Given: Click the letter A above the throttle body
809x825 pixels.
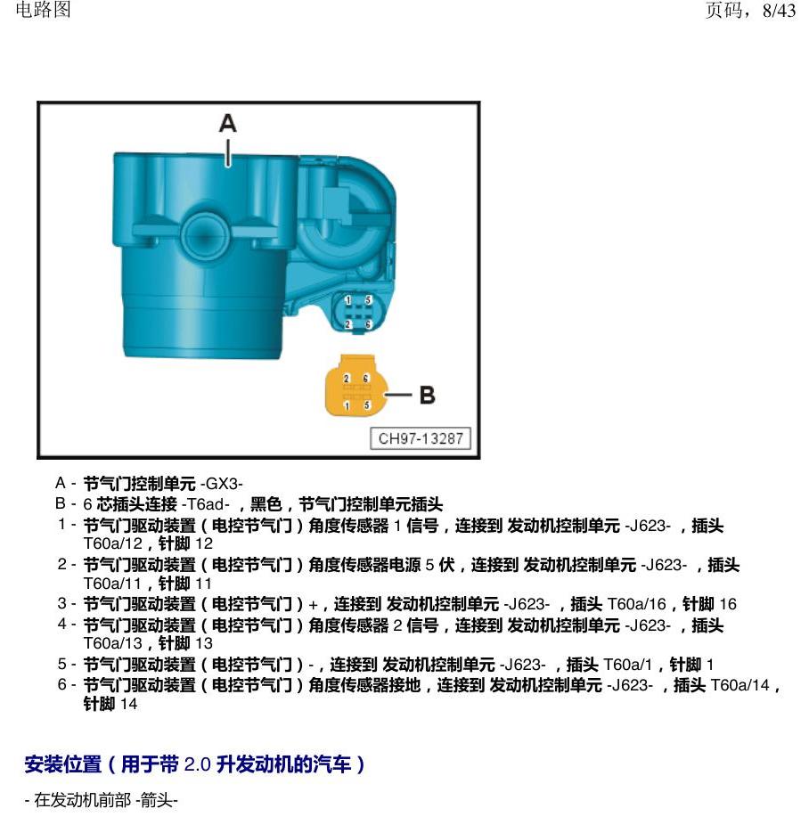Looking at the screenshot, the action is tap(228, 124).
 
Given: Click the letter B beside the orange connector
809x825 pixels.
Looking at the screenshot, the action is tap(427, 396).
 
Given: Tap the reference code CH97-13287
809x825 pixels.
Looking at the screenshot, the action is tap(421, 438).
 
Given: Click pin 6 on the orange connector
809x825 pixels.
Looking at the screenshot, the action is tap(366, 379).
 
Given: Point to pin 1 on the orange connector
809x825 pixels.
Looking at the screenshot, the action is tap(347, 405).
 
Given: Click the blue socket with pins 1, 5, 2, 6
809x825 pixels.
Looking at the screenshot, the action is tap(357, 313).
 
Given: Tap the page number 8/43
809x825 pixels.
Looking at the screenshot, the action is tap(779, 10).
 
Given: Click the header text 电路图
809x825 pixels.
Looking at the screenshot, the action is tap(43, 10).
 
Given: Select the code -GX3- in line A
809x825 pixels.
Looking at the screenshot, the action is tap(222, 483).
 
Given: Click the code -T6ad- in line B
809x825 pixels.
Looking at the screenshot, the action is tap(206, 504).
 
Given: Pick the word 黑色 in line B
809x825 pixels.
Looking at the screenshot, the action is tap(266, 504).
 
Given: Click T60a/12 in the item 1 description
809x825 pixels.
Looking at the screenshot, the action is tap(112, 543).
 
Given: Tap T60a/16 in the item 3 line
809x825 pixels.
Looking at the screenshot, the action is tap(636, 604).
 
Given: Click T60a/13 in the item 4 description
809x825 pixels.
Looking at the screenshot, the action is tap(112, 643).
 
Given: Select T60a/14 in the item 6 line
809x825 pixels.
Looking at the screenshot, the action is tap(740, 685).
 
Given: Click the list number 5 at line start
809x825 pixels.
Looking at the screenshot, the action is tap(62, 664).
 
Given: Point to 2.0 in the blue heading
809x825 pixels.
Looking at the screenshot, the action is tap(197, 764).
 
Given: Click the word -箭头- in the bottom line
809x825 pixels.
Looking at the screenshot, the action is tap(157, 800).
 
